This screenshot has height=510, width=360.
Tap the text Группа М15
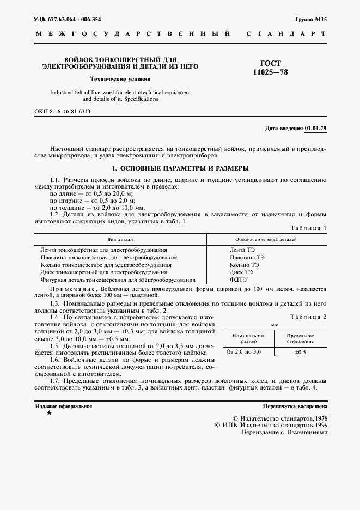click(310, 19)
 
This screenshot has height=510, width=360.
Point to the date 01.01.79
click(316, 129)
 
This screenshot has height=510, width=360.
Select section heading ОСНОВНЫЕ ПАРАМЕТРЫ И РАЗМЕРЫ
click(180, 168)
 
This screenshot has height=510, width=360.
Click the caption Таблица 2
click(308, 317)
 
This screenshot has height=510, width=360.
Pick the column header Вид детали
click(120, 239)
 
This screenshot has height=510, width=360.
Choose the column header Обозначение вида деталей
click(266, 239)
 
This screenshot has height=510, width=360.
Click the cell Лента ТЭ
click(242, 249)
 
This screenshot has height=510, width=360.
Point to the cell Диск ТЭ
click(241, 271)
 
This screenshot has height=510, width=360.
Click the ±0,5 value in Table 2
click(301, 353)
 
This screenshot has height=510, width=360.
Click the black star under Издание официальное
click(49, 413)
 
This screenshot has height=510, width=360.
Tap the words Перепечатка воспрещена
click(295, 406)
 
